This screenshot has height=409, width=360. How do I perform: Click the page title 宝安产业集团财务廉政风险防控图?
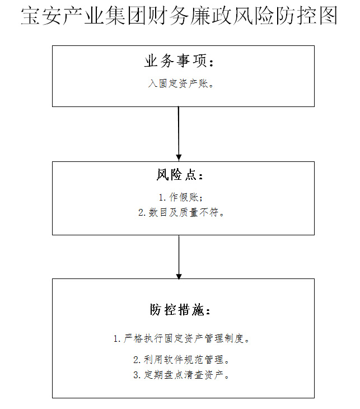[x=179, y=16]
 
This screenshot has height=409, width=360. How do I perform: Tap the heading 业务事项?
[x=179, y=61]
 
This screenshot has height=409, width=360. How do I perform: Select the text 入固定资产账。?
[x=181, y=83]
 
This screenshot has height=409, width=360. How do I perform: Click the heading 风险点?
[x=180, y=175]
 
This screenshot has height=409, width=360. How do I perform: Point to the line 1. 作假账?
[x=181, y=197]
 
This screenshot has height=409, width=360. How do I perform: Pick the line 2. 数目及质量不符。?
[x=181, y=212]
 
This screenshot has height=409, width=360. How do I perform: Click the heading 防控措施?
[x=180, y=310]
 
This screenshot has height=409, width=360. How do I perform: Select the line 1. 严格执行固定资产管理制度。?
[x=182, y=338]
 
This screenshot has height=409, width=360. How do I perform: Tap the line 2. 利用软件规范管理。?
[x=181, y=360]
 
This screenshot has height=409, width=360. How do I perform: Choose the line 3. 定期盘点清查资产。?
[x=181, y=375]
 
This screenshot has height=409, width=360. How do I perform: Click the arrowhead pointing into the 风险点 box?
[x=179, y=158]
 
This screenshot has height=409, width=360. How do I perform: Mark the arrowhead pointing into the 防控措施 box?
[x=179, y=276]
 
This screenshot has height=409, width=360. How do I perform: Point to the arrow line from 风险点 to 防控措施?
[x=179, y=257]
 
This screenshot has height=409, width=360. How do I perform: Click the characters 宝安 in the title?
[x=41, y=16]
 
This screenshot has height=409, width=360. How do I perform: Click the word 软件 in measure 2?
[x=174, y=360]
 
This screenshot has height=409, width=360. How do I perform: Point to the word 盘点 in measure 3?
[x=174, y=375]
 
